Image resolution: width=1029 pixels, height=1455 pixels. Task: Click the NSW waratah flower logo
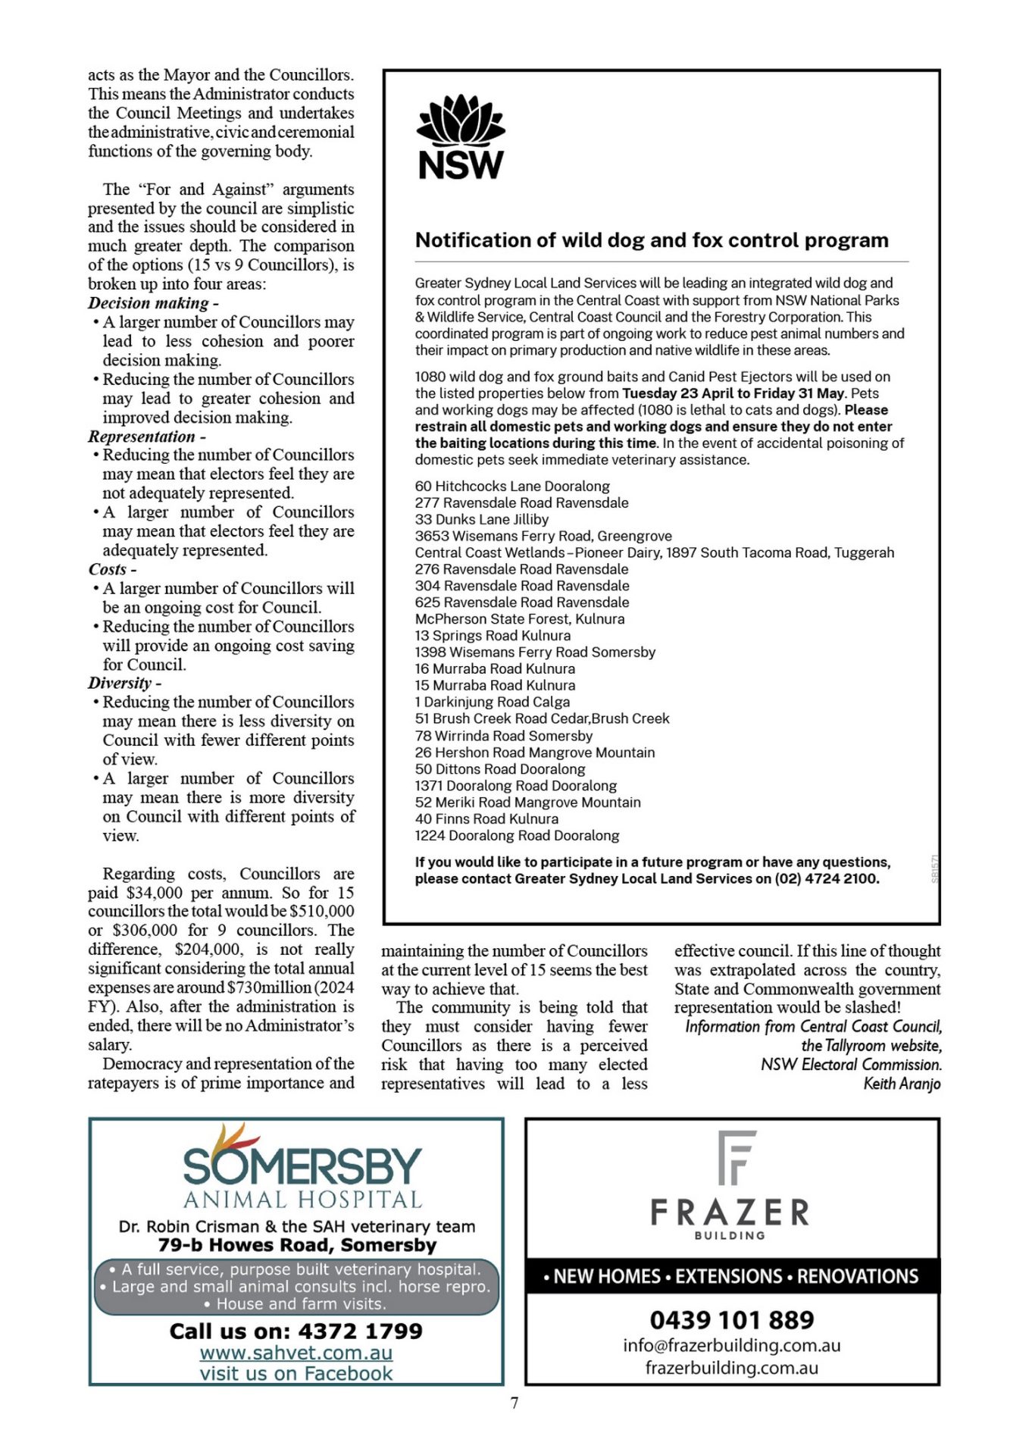pyautogui.click(x=461, y=120)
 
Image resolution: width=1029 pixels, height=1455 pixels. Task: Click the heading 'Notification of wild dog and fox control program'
pyautogui.click(x=652, y=240)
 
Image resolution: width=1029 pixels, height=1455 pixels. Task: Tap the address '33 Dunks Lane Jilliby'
pyautogui.click(x=481, y=520)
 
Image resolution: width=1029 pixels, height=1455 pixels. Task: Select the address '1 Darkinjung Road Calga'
pyautogui.click(x=492, y=702)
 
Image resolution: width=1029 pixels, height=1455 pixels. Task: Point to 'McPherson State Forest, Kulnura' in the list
pyautogui.click(x=520, y=619)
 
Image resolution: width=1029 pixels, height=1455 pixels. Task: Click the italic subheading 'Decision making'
pyautogui.click(x=149, y=303)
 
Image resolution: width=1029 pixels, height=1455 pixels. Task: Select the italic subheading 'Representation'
pyautogui.click(x=142, y=436)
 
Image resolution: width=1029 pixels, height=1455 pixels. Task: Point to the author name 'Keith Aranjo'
pyautogui.click(x=902, y=1084)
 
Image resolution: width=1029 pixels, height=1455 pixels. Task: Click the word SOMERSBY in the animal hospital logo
pyautogui.click(x=302, y=1166)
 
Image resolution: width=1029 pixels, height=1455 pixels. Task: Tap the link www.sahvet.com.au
pyautogui.click(x=296, y=1353)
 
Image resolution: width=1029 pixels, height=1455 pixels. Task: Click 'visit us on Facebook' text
pyautogui.click(x=296, y=1373)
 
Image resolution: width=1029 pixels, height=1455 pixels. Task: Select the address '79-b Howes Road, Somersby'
pyautogui.click(x=297, y=1245)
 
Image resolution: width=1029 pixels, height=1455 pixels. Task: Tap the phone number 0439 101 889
pyautogui.click(x=732, y=1320)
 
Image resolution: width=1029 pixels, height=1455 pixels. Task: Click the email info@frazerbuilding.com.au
pyautogui.click(x=732, y=1346)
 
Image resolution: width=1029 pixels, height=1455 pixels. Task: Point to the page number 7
pyautogui.click(x=514, y=1403)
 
